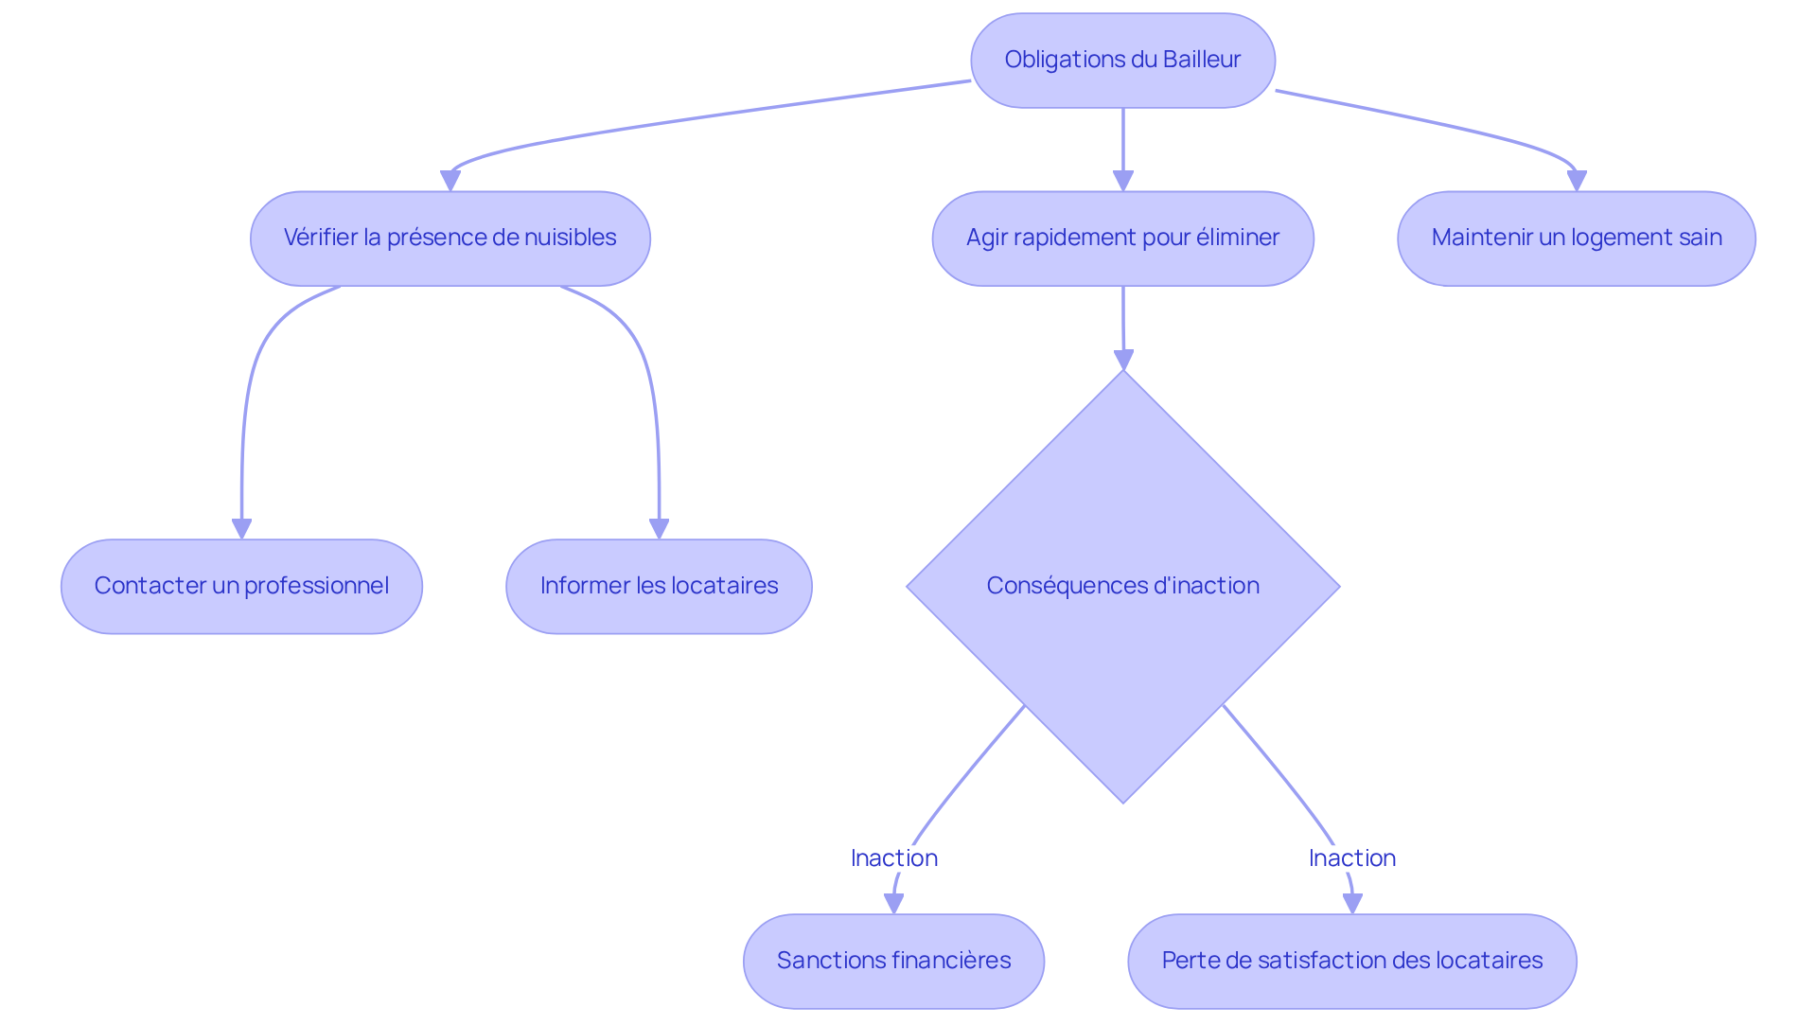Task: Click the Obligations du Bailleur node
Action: click(1122, 61)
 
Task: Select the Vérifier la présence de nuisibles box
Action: click(450, 239)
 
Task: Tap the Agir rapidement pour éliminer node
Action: click(1122, 239)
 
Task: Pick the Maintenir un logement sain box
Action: click(1576, 239)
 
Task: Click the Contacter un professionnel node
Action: click(241, 587)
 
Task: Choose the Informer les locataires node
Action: click(659, 587)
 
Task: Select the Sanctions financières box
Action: click(893, 962)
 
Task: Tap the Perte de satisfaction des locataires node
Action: click(1351, 962)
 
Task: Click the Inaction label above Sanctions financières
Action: click(893, 858)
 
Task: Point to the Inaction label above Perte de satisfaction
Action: click(1351, 858)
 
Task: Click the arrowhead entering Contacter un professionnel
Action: click(241, 528)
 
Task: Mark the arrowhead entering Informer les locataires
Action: click(659, 528)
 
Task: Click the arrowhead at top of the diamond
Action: click(1123, 360)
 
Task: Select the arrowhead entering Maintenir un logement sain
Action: click(1576, 180)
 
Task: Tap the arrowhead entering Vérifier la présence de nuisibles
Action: click(450, 180)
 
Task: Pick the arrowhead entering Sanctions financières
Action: click(893, 903)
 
